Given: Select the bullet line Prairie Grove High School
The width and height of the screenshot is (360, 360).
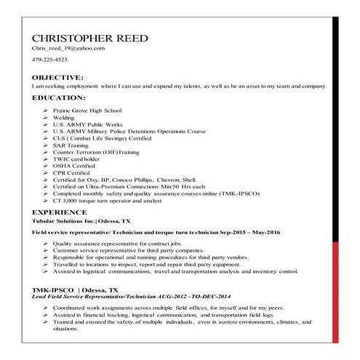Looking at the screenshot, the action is pyautogui.click(x=87, y=110).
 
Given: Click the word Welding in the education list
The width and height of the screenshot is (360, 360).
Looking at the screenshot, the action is pyautogui.click(x=64, y=117).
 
